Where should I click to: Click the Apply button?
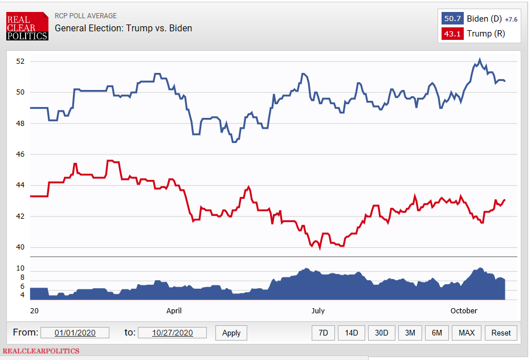(x=231, y=333)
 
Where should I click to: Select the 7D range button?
(x=323, y=333)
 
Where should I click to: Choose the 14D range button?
(x=352, y=333)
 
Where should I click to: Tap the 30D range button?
(x=381, y=333)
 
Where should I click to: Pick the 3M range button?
(x=410, y=333)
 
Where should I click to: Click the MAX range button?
(x=467, y=333)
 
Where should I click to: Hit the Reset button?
(x=501, y=333)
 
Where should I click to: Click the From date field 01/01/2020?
(x=75, y=333)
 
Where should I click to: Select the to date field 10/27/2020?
(x=172, y=333)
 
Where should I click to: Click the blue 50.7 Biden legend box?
(x=452, y=19)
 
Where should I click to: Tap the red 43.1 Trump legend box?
(x=452, y=34)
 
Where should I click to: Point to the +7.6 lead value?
(x=511, y=19)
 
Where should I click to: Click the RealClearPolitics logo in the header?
(x=27, y=26)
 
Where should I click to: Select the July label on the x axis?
(x=317, y=310)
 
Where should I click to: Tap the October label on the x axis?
(x=464, y=310)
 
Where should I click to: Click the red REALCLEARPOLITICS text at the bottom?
(x=42, y=351)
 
